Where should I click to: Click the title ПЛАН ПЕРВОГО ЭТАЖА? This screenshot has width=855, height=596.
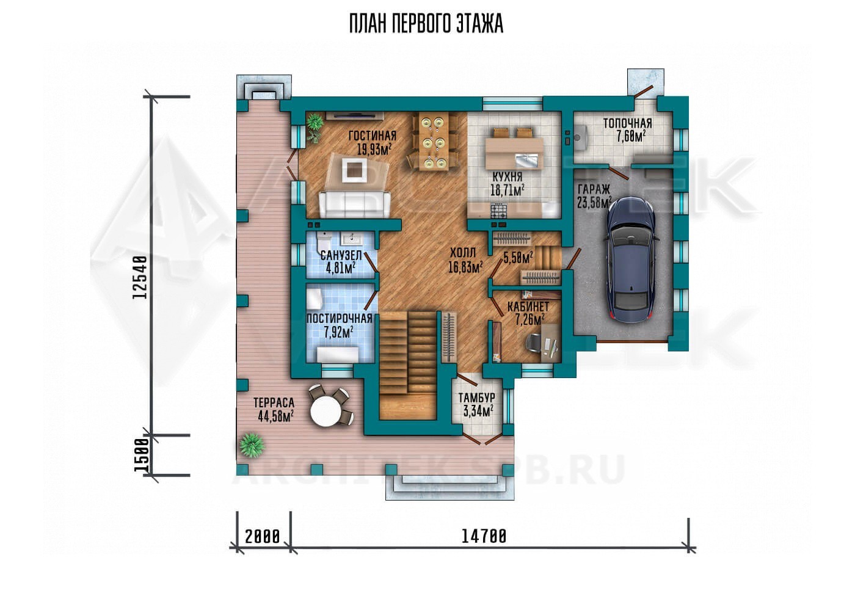[x=426, y=24]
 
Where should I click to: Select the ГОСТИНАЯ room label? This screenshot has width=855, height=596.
[x=373, y=136]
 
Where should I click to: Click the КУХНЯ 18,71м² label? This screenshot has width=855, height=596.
[x=508, y=184]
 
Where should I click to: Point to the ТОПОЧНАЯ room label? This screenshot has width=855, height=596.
[x=628, y=123]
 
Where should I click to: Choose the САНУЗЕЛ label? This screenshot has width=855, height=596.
[x=341, y=255]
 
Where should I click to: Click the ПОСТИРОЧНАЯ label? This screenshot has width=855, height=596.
[x=339, y=318]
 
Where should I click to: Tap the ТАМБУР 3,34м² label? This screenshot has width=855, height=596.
[x=477, y=404]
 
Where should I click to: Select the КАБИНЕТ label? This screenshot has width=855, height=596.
[x=528, y=307]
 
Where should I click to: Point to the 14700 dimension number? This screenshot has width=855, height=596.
[x=484, y=536]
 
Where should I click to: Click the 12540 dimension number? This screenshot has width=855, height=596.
[x=140, y=277]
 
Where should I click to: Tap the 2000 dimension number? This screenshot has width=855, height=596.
[x=262, y=537]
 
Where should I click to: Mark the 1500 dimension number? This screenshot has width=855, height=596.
[x=141, y=455]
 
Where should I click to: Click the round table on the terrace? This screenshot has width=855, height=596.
[x=326, y=412]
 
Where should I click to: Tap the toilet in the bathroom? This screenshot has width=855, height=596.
[x=323, y=241]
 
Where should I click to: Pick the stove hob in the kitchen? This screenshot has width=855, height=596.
[x=498, y=210]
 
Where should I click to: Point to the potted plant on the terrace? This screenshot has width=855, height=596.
[x=252, y=445]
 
